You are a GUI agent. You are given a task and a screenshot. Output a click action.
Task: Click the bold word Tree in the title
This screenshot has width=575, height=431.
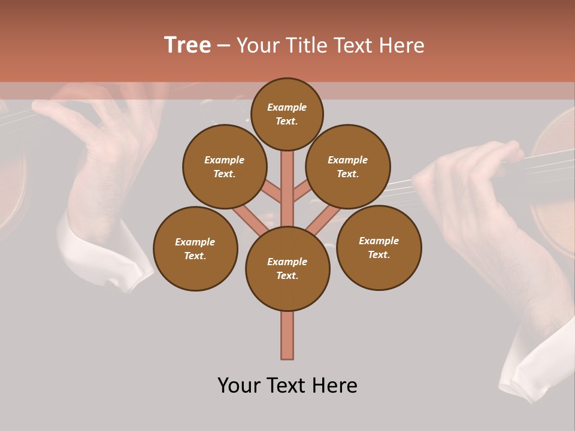[x=187, y=45]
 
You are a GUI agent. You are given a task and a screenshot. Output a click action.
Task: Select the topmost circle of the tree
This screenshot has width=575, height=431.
[x=287, y=114]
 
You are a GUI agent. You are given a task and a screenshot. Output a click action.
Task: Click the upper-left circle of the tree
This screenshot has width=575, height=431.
[x=225, y=167]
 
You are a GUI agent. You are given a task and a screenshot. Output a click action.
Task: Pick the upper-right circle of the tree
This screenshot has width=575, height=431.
[x=348, y=167]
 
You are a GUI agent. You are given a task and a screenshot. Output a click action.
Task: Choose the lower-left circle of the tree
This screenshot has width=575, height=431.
[x=195, y=249]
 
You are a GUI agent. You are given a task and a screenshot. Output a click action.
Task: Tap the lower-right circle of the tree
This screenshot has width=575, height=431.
[x=379, y=248]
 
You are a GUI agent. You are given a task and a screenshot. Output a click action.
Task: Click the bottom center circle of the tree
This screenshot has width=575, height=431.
[x=287, y=269]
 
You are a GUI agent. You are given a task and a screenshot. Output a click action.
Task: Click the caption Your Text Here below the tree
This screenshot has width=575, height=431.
[x=287, y=386]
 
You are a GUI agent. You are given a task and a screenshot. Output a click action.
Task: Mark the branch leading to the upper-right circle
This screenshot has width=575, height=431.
[x=302, y=192]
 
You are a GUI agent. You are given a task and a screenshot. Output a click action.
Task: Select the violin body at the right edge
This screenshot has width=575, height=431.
[x=554, y=198]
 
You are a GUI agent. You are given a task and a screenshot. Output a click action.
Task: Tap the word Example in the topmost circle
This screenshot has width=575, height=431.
[x=287, y=108]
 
